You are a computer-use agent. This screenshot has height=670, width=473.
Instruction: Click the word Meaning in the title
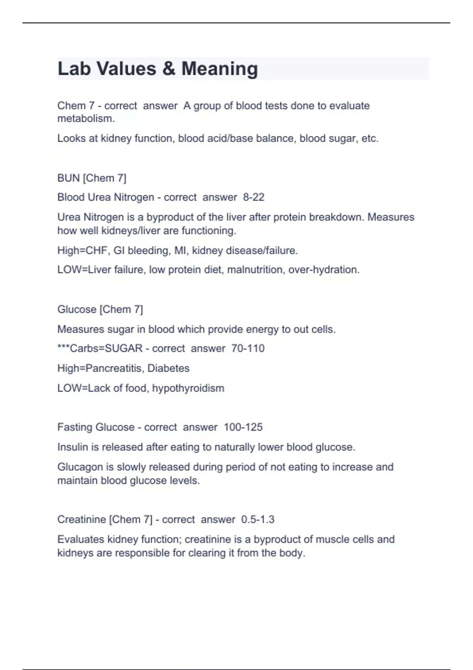click(x=220, y=69)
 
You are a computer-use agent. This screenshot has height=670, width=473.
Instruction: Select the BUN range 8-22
click(x=253, y=197)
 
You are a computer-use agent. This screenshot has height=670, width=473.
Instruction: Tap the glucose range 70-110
click(x=248, y=348)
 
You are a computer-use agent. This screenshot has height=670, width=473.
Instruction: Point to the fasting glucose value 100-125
click(x=243, y=427)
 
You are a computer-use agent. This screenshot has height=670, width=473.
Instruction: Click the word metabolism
click(x=86, y=119)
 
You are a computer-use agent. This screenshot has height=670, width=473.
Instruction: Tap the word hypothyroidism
click(x=188, y=388)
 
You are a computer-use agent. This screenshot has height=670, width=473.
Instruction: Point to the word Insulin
click(x=71, y=447)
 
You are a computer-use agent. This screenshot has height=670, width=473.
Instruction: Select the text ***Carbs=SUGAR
click(x=100, y=348)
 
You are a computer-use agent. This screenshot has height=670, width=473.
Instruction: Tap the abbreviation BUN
click(x=69, y=178)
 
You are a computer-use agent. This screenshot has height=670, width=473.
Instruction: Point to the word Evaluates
click(x=81, y=539)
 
